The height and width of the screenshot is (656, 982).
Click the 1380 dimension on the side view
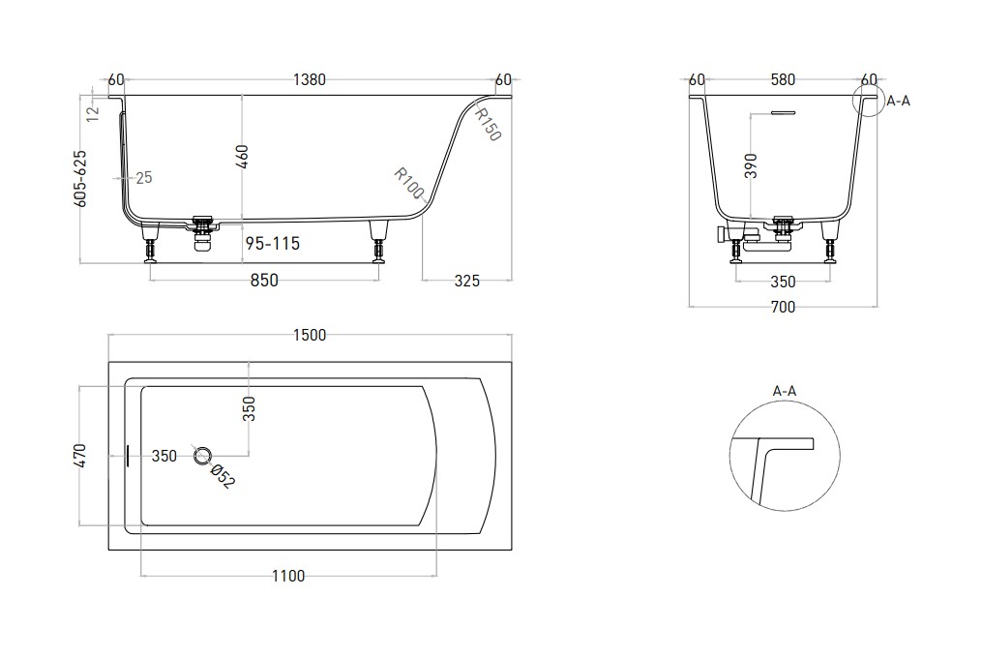pos(310,80)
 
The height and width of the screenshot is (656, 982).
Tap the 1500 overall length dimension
pos(310,335)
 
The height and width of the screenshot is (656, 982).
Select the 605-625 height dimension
pos(80,179)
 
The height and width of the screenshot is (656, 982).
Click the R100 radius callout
pos(409,184)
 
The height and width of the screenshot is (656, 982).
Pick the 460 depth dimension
pos(243,157)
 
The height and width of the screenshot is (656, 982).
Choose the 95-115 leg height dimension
pos(273,243)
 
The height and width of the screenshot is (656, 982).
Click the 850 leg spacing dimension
pos(264,280)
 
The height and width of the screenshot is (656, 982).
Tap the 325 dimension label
pos(466,281)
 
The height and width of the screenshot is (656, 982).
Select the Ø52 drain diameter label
pos(223,477)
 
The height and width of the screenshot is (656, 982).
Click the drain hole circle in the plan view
pos(202,456)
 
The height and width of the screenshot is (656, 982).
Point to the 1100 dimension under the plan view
pos(288,576)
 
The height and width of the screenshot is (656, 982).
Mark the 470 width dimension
pos(80,456)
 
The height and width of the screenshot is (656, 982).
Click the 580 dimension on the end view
pos(783,80)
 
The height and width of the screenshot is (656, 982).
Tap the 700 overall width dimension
pos(783,307)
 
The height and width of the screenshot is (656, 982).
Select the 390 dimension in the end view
pos(751,166)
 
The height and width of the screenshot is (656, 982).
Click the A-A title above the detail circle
pos(784,392)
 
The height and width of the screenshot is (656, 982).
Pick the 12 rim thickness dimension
pos(93,113)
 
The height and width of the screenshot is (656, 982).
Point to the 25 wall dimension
pos(144,178)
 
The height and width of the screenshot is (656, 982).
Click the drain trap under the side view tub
pos(202,235)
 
